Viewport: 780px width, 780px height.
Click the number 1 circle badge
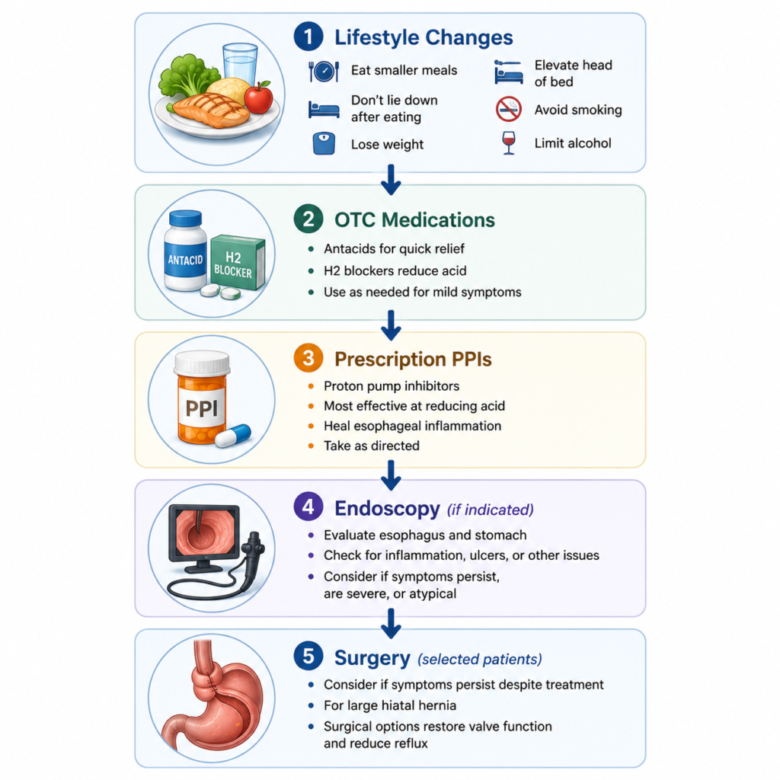coord(308,37)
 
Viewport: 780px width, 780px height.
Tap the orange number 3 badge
coord(308,358)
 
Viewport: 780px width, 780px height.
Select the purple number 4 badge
coord(308,507)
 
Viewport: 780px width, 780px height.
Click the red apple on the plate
coord(259,97)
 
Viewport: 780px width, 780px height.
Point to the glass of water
coord(240,65)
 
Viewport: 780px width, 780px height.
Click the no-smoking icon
coord(508,109)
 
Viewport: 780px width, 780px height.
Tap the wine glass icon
coord(508,142)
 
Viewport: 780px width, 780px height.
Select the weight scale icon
coord(324,144)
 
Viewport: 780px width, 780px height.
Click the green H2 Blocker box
coord(238,262)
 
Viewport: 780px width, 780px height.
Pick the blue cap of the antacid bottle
coord(186,219)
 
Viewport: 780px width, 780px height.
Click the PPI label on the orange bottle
coord(201,408)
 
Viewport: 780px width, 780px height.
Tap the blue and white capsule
coord(233,436)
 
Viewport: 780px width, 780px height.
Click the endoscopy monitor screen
coord(204,531)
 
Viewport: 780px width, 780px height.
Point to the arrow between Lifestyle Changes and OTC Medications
coord(391,180)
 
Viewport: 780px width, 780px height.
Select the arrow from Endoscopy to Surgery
coord(391,624)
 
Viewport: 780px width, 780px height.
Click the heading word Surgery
coord(372,658)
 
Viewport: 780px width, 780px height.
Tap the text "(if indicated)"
coord(490,510)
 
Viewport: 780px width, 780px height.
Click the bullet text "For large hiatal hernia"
coord(390,705)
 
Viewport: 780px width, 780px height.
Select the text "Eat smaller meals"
coord(404,70)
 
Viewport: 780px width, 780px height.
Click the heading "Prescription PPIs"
coord(413,360)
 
